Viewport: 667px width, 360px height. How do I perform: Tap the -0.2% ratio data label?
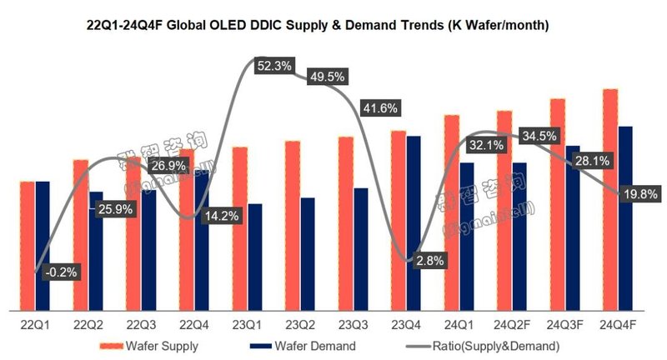pyautogui.click(x=60, y=272)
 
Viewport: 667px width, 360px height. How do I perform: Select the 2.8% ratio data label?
pyautogui.click(x=430, y=261)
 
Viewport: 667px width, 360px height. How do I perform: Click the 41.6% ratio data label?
pyautogui.click(x=378, y=108)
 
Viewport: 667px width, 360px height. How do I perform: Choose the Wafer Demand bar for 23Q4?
pyautogui.click(x=414, y=221)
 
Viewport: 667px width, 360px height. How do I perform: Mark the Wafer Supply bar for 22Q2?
pyautogui.click(x=80, y=233)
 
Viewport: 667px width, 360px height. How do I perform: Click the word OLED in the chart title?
pyautogui.click(x=248, y=25)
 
